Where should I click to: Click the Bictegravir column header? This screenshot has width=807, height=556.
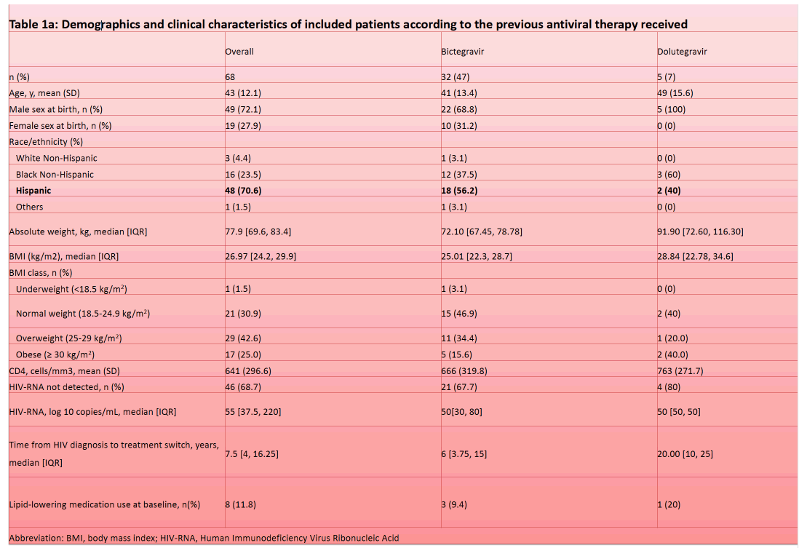462,52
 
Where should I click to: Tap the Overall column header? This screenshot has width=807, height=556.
239,52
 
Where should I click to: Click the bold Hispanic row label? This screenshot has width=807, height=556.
33,191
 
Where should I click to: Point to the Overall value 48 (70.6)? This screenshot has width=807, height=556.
243,191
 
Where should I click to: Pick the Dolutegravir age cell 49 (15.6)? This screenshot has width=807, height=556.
675,93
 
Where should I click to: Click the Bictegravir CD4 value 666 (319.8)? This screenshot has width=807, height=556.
464,370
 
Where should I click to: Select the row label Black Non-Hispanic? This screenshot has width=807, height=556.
55,175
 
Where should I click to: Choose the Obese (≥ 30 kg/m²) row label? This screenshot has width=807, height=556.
55,354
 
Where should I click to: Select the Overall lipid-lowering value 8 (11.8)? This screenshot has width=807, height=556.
240,504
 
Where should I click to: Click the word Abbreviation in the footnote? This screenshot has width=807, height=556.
36,538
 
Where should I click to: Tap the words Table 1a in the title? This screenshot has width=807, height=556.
33,24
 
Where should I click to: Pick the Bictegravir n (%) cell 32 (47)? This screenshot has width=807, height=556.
455,76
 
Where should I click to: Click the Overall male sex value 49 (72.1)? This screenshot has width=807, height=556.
243,109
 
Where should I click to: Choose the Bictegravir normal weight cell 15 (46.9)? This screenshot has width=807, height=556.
458,314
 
